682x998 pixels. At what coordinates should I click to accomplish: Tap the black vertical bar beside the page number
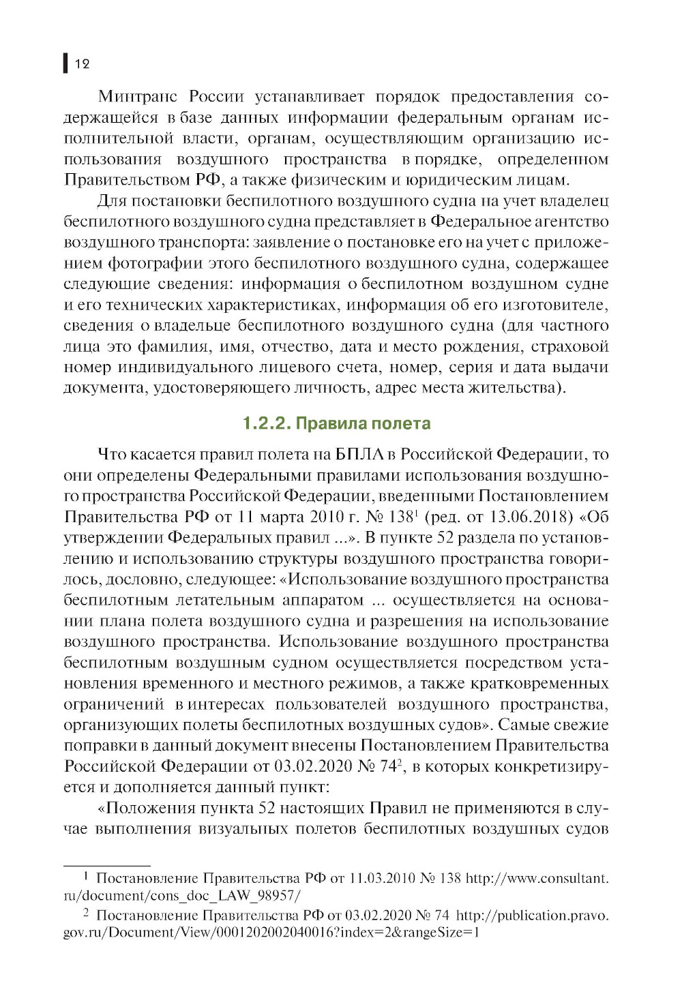click(x=65, y=63)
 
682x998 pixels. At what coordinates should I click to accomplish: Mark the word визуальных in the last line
click(x=243, y=829)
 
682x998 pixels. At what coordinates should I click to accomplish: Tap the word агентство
click(x=574, y=222)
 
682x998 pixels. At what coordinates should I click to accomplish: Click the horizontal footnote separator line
click(x=106, y=864)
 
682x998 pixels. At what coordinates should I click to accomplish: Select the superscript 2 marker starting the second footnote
click(x=86, y=913)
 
